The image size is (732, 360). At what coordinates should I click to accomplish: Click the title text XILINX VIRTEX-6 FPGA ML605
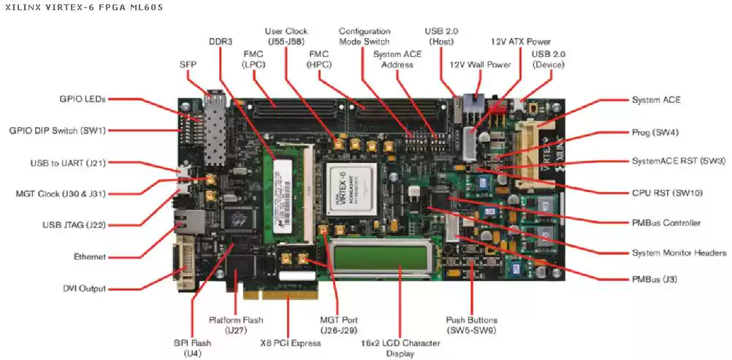[84, 7]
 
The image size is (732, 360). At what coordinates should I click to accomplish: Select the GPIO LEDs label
[83, 99]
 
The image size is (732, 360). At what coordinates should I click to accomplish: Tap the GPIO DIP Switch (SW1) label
[57, 131]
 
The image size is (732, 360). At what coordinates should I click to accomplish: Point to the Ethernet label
[90, 257]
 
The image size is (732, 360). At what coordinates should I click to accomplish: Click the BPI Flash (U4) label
[192, 348]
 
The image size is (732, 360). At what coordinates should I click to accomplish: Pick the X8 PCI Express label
[291, 342]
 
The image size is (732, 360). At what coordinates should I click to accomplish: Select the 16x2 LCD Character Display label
[401, 348]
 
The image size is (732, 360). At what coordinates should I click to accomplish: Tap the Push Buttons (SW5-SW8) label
[471, 325]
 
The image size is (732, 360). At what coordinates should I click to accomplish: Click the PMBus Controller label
[666, 223]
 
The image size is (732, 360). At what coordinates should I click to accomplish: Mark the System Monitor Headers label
[679, 253]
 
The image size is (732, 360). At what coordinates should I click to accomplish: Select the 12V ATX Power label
[521, 42]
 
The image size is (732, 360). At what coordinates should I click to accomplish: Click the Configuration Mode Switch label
[365, 37]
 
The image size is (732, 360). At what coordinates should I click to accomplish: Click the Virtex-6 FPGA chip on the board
[357, 191]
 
